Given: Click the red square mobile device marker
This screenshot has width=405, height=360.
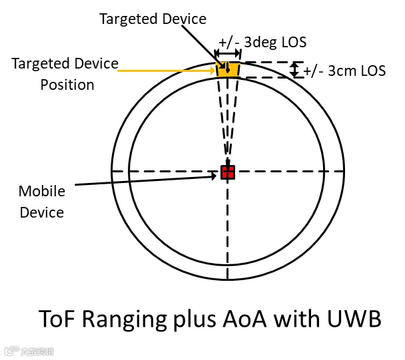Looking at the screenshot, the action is (x=228, y=172).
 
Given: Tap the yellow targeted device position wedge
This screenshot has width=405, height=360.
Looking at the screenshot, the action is (x=228, y=69).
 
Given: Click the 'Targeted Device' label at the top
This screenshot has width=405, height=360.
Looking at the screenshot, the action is (x=153, y=19).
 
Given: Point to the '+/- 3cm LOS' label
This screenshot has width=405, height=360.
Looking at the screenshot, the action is (x=344, y=71).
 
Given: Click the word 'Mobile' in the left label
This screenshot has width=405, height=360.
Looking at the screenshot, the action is (x=42, y=192).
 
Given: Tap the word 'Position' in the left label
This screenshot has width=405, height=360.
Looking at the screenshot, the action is (x=67, y=85).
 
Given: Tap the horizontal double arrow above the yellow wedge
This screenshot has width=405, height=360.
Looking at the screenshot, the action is (x=228, y=53).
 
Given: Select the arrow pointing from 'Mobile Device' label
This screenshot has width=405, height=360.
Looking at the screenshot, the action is (x=147, y=178).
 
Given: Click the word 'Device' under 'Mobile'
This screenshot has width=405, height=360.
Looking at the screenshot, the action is (x=42, y=212).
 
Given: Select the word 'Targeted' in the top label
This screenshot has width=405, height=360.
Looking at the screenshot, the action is (x=129, y=19).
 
